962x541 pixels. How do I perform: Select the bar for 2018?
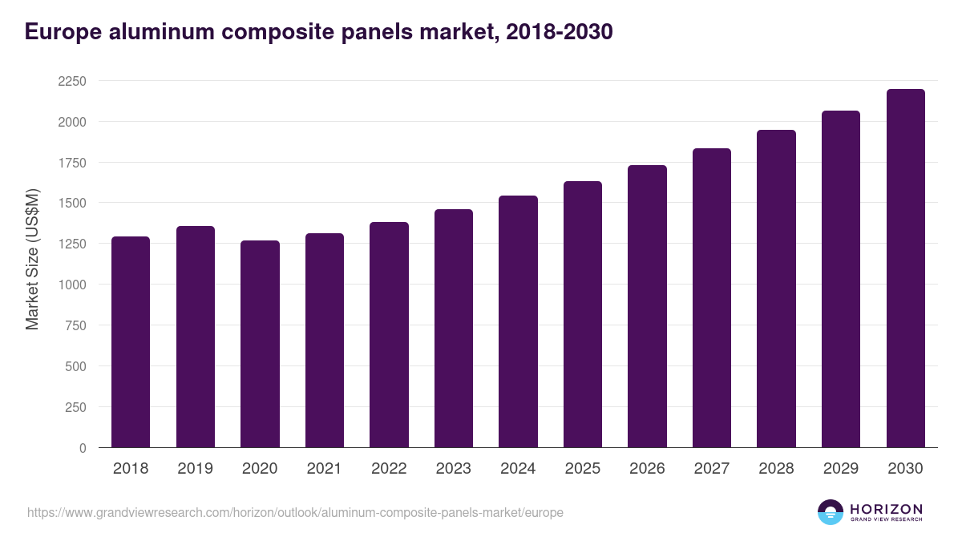131,342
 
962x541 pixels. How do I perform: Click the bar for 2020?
260,344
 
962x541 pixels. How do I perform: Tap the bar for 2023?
454,329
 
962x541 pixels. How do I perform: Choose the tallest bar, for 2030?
905,268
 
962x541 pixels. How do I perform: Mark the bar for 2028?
776,289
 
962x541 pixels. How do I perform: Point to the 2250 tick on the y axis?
72,81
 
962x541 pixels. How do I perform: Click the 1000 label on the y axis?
72,285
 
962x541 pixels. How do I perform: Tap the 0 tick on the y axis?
82,448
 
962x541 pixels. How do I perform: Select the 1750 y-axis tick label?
72,163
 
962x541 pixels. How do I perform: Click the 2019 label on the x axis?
195,469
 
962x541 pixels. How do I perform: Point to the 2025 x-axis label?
582,469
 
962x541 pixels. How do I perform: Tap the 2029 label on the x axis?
840,469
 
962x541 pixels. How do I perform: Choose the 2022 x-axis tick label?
389,469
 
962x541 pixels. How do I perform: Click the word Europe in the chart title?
63,32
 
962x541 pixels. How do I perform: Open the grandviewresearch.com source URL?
295,512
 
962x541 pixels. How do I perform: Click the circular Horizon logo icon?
831,512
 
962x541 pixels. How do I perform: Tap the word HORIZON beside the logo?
886,508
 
